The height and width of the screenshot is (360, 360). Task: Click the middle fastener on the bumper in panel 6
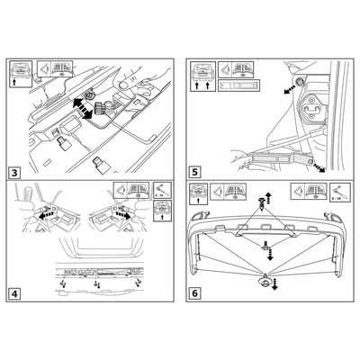pos(266,245)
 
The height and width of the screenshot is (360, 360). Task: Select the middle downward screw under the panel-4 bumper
pos(94,285)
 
